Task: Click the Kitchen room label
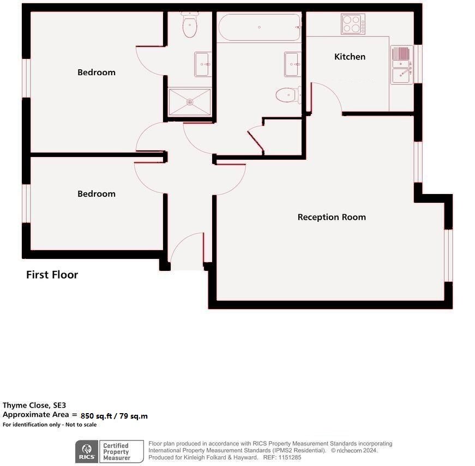pos(350,57)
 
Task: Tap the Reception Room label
pos(332,217)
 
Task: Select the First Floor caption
pos(52,275)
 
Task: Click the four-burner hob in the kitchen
pos(353,24)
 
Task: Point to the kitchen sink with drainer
pos(401,65)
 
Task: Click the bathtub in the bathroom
pos(259,28)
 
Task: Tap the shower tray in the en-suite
pos(189,102)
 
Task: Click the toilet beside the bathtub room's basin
pos(286,95)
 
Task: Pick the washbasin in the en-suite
pos(202,64)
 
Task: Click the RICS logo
pos(86,452)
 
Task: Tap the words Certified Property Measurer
pos(116,452)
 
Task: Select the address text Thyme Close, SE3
pos(34,405)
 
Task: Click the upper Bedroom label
pos(96,72)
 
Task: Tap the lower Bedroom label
pos(96,194)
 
